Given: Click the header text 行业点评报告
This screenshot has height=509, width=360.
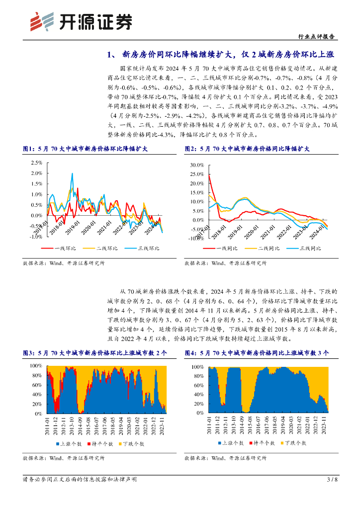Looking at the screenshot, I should click(x=318, y=36).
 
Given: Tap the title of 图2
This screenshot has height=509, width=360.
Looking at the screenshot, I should click(x=247, y=148).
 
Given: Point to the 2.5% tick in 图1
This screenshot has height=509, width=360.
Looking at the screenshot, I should click(x=36, y=163).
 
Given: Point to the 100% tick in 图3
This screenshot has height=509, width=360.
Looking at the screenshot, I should click(x=36, y=365).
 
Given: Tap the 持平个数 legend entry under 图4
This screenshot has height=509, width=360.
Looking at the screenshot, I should click(x=263, y=442).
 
